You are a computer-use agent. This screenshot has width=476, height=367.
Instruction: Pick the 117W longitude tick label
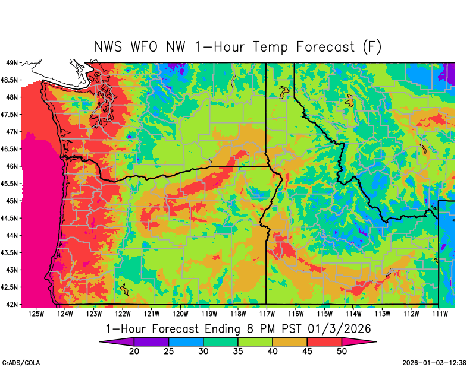[x=266, y=313]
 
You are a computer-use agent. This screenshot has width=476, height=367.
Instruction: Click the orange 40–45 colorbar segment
[x=290, y=342]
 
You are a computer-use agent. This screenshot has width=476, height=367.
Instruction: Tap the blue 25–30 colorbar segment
[x=186, y=342]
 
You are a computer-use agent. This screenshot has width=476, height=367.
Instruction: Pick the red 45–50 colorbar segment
[x=324, y=342]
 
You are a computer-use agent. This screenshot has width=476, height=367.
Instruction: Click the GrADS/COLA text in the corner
[x=21, y=362]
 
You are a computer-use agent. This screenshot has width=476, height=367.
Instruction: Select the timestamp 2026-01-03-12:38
[x=435, y=362]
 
